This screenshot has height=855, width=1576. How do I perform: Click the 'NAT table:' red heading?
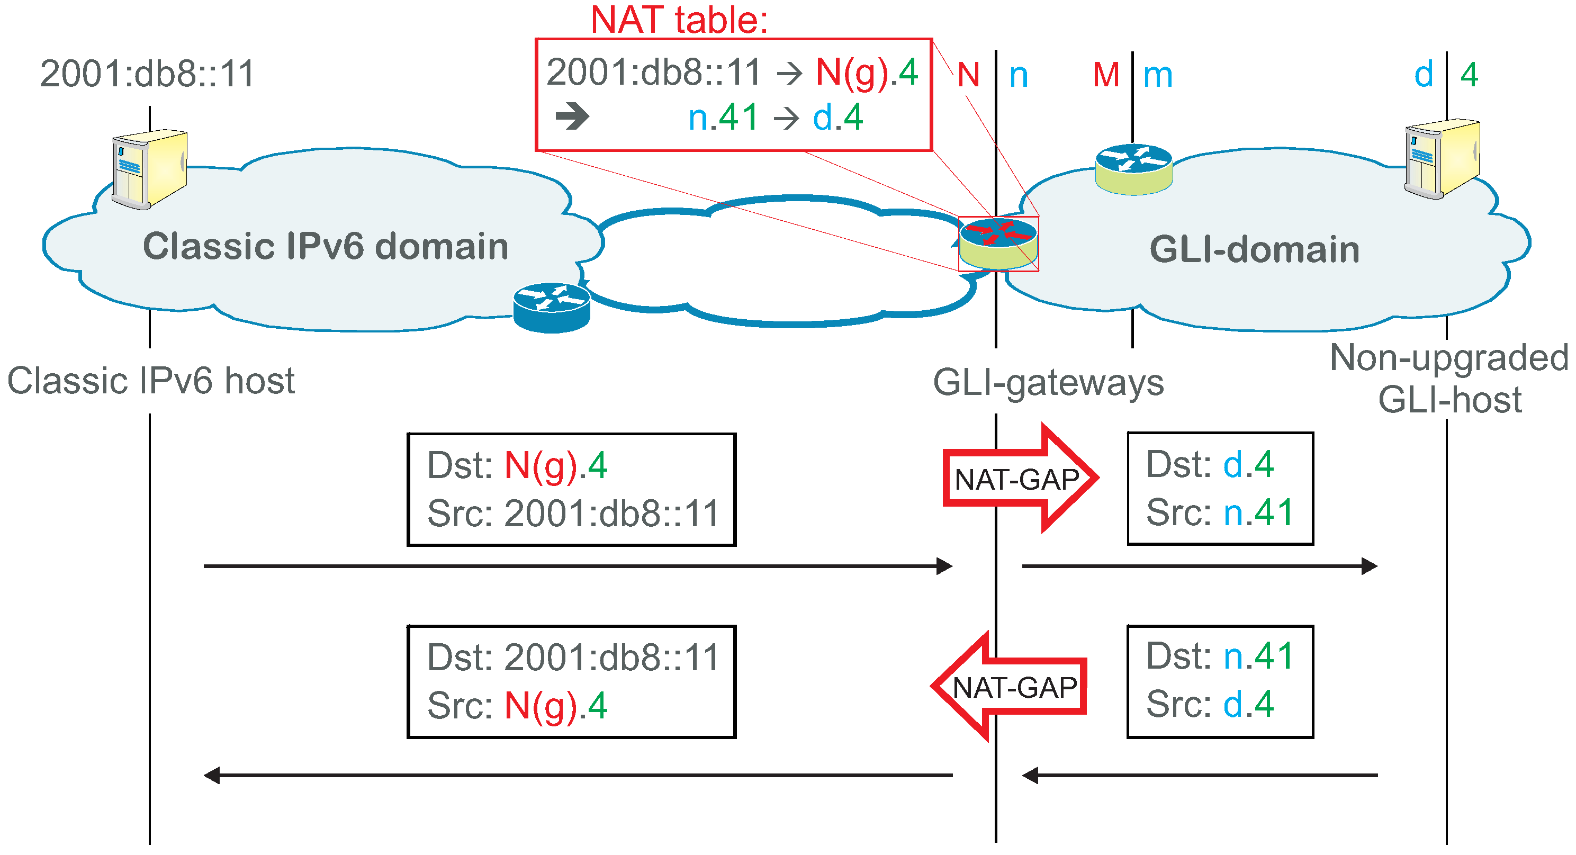[679, 20]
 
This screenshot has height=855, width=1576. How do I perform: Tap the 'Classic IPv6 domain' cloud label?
[326, 247]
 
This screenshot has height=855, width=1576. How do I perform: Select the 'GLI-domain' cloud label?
[1254, 250]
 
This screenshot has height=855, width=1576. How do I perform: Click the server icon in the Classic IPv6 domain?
[150, 169]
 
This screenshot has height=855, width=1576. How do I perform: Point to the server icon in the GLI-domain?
[1442, 158]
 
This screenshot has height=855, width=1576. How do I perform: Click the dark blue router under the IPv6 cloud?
[551, 308]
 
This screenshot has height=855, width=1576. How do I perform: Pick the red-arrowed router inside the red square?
[998, 244]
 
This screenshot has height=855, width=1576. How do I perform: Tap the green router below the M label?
[1133, 169]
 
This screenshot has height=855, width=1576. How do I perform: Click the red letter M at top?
[1106, 75]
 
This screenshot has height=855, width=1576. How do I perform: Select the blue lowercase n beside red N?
[1019, 76]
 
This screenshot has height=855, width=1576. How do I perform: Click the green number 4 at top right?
[1469, 75]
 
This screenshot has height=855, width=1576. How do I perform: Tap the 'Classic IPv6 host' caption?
[150, 381]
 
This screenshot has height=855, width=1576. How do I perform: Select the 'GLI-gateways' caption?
[1048, 383]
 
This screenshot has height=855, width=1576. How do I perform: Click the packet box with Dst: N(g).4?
[571, 489]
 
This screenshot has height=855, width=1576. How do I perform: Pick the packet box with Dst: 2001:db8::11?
[571, 681]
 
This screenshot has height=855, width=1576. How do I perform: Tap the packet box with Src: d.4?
[1220, 681]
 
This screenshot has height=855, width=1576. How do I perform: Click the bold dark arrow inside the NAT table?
[573, 116]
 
